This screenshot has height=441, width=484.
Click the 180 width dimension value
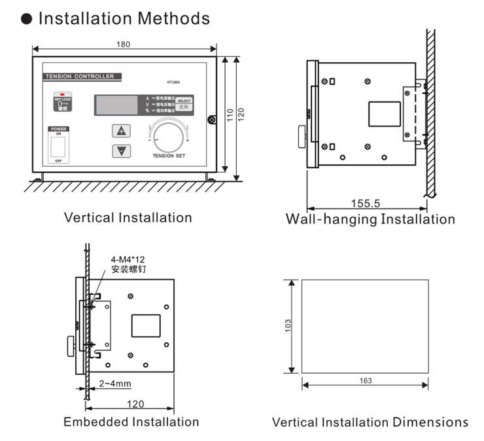[124, 44]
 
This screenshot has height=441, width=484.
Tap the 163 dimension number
[366, 380]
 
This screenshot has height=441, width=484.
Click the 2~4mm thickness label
[116, 383]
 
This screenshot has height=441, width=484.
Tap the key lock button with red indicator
[63, 103]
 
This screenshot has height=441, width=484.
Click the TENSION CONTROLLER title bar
[79, 77]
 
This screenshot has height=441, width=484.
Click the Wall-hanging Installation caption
[370, 219]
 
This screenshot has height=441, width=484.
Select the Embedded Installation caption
[131, 422]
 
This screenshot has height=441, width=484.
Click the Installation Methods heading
[124, 18]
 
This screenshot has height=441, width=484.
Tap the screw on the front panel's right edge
[212, 119]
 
